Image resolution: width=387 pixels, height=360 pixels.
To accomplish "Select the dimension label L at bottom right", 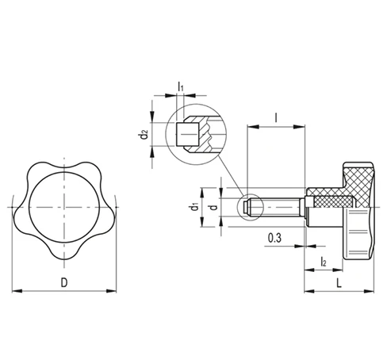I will (x=339, y=282).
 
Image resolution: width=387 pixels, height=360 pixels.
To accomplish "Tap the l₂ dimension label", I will (x=324, y=261).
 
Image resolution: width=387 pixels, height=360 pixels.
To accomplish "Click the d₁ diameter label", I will (x=193, y=209).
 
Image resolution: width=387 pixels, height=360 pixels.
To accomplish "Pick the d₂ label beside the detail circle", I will (x=144, y=135).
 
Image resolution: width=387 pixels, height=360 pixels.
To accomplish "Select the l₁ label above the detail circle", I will (x=181, y=86).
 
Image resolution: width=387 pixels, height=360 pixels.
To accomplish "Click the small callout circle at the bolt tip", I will (x=249, y=208).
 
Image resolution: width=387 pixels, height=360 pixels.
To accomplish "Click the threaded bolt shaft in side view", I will (x=278, y=208).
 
